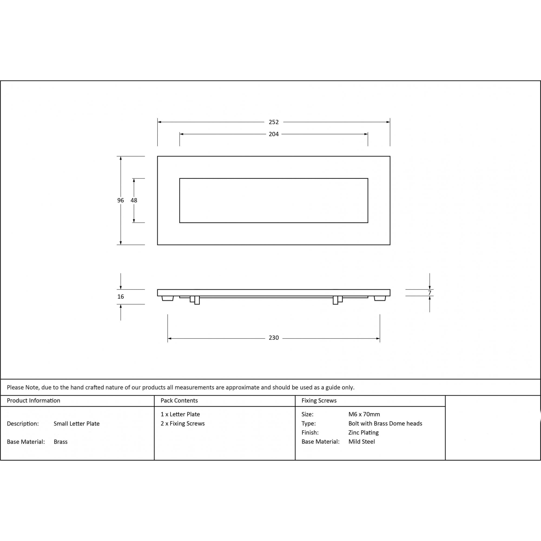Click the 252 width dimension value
(273, 122)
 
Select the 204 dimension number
(273, 134)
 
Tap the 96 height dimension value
(120, 200)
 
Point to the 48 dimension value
(134, 200)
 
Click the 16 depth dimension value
(120, 296)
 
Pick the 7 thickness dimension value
(430, 293)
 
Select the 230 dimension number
(273, 338)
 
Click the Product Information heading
(34, 400)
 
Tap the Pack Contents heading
(179, 400)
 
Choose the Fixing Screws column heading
(319, 400)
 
